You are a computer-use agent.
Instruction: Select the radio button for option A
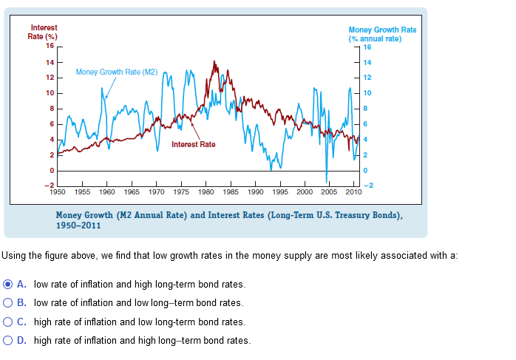click(x=8, y=284)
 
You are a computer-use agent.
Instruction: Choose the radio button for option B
click(x=8, y=302)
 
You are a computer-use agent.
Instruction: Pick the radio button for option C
click(x=8, y=322)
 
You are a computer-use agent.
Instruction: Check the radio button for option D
click(x=8, y=341)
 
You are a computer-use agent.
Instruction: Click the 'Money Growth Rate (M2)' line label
click(x=117, y=72)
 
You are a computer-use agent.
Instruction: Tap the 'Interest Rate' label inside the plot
click(x=193, y=144)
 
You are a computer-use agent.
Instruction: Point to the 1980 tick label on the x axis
click(x=206, y=191)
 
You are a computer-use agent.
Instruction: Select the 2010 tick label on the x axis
click(x=353, y=191)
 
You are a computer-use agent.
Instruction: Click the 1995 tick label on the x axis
click(x=279, y=191)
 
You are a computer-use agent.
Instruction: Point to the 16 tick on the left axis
click(x=49, y=46)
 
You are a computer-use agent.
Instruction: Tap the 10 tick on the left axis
click(x=49, y=92)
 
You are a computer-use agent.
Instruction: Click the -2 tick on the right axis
click(x=367, y=186)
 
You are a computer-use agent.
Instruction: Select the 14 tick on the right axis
click(x=369, y=62)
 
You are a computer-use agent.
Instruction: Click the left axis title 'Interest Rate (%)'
click(x=44, y=32)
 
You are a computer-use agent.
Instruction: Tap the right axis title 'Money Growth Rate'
click(x=382, y=30)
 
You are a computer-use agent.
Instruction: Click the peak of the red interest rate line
click(x=214, y=62)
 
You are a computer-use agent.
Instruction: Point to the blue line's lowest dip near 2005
click(x=326, y=180)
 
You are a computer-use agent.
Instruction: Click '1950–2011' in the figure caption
click(x=79, y=225)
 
